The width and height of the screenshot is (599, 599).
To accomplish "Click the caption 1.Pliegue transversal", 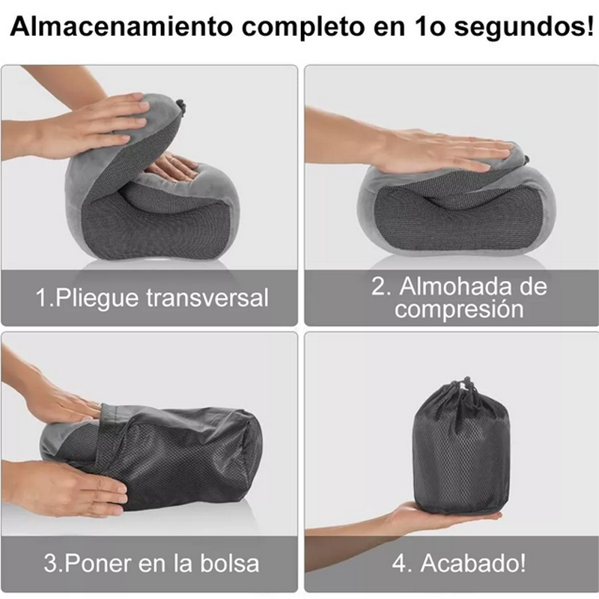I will pyautogui.click(x=152, y=297).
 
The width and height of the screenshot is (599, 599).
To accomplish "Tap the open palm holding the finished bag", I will pyautogui.click(x=434, y=517).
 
